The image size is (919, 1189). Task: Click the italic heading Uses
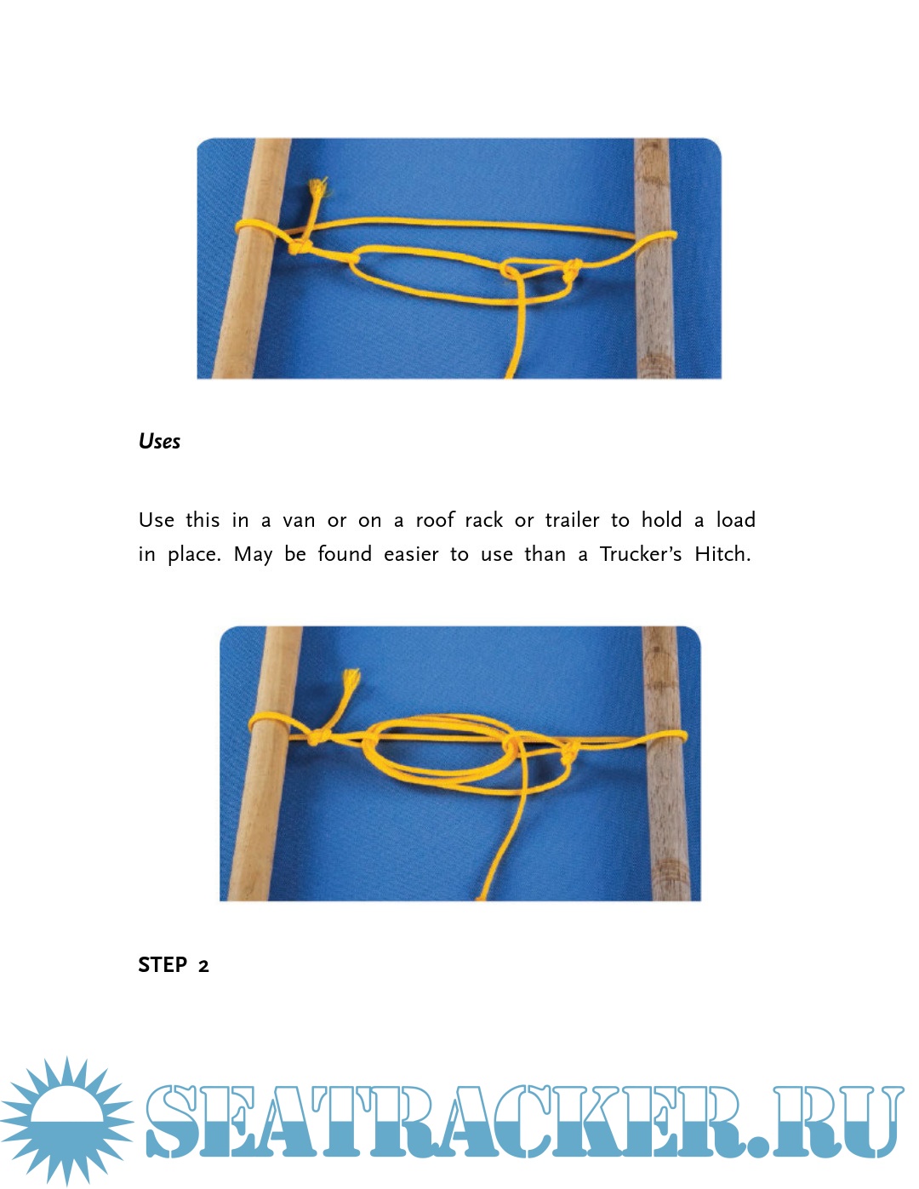point(159,441)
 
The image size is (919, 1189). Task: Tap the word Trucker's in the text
point(641,554)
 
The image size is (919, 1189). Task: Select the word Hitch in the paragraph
point(722,554)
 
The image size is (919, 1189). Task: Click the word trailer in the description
point(572,520)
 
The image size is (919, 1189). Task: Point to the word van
point(299,520)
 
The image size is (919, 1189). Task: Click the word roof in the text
point(435,519)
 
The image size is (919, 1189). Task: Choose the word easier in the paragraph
point(411,555)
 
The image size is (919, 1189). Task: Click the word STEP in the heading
point(163,965)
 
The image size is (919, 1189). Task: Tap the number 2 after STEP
point(203,967)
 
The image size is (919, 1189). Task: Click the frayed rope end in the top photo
point(317,188)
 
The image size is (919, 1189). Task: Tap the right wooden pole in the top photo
point(655,258)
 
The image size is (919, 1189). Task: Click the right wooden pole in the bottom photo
point(665,763)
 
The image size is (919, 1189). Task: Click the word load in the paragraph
point(736,520)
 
